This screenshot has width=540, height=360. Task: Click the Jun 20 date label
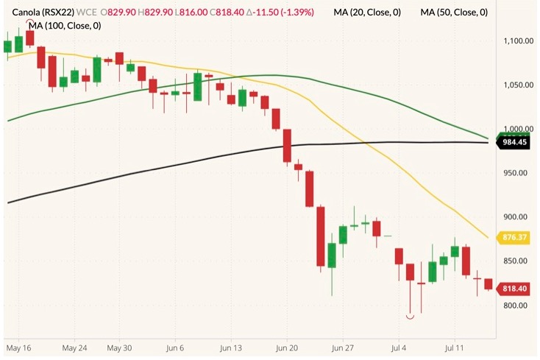tap(286, 345)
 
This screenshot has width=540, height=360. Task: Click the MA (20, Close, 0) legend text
tap(367, 13)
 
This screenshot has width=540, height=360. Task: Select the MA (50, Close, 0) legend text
tap(453, 13)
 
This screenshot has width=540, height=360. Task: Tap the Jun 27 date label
tap(344, 345)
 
